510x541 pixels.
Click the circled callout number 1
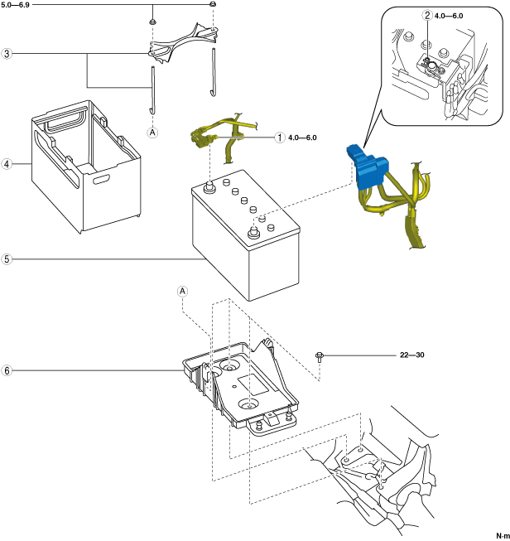(281, 138)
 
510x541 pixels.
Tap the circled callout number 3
(7, 54)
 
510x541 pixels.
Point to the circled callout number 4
(7, 163)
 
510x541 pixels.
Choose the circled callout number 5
(7, 259)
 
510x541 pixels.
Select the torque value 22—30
(411, 355)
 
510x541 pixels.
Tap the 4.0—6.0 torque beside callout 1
(303, 138)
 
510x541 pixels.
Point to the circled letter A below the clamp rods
(152, 132)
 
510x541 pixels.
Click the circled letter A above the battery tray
(183, 291)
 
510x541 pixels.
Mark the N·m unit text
(502, 535)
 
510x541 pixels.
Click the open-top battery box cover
(84, 166)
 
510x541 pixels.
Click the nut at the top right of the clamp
(213, 5)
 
